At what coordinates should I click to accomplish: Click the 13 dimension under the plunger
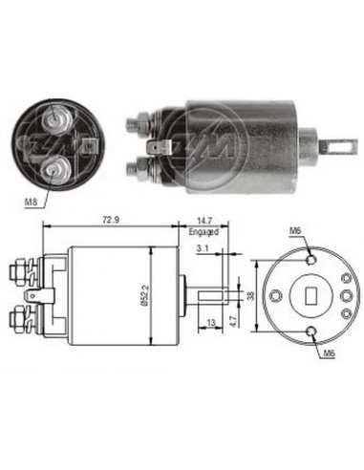(x=210, y=324)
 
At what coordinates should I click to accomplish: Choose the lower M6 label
(x=329, y=353)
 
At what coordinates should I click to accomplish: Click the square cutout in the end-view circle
(x=310, y=293)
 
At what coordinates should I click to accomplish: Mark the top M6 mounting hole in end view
(x=310, y=256)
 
